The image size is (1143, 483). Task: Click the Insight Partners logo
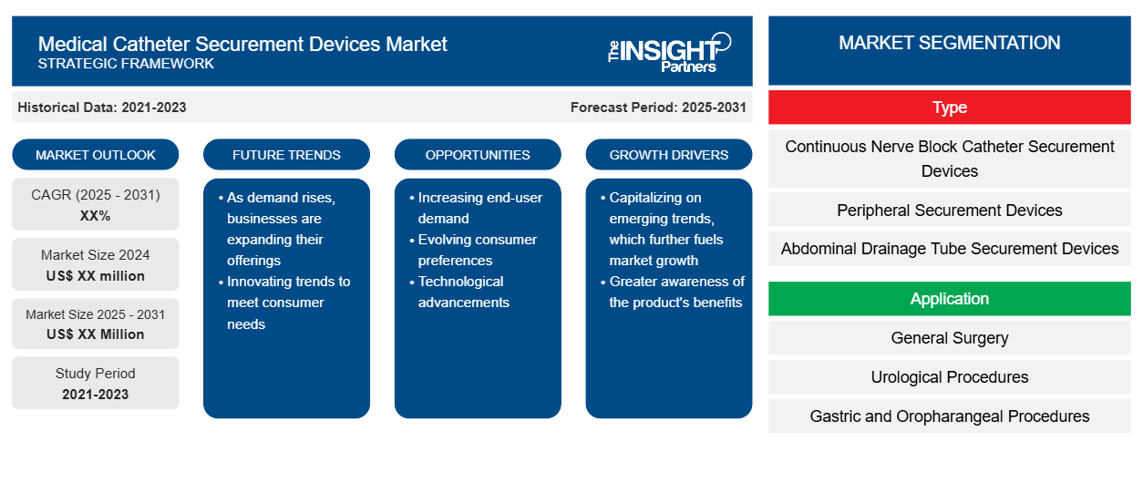(x=669, y=53)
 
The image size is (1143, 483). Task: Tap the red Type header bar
(x=949, y=108)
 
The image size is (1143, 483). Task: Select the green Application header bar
(x=949, y=298)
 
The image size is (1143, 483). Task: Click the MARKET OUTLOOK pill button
(x=96, y=155)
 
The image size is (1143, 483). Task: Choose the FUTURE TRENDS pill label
(x=286, y=155)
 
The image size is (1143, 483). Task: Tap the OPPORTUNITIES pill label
(x=478, y=155)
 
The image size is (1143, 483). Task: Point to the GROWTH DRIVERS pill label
(x=668, y=155)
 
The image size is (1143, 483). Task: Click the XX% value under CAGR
(x=96, y=216)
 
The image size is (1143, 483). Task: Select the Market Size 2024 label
(x=96, y=254)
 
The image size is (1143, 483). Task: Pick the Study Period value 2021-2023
(x=96, y=395)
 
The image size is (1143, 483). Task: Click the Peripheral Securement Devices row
(x=949, y=210)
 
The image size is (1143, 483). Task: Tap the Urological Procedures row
(x=949, y=376)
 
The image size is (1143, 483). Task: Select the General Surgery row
(x=949, y=337)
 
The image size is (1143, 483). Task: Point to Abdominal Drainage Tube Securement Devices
(x=949, y=249)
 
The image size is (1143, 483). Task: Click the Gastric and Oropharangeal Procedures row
(x=949, y=416)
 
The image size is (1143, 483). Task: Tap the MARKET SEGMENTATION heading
(x=949, y=43)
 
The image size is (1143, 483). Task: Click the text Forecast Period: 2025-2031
(x=658, y=108)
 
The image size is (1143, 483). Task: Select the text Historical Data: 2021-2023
(x=102, y=108)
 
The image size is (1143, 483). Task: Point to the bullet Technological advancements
(x=463, y=292)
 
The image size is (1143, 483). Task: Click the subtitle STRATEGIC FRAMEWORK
(x=126, y=64)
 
